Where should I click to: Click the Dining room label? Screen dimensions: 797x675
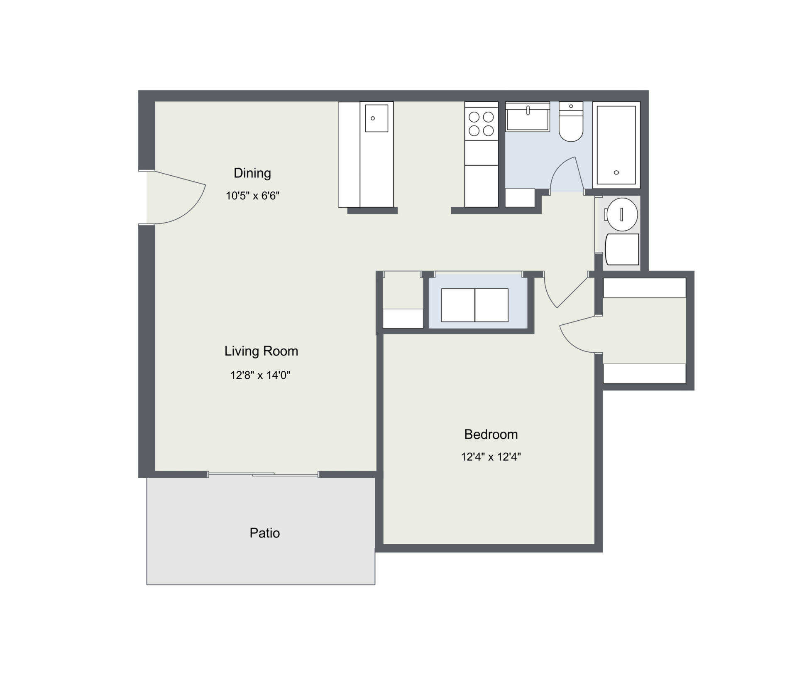252,173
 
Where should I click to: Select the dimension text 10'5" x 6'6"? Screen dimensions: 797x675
252,196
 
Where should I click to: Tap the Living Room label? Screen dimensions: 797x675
261,351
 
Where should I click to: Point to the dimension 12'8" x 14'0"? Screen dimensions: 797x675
260,376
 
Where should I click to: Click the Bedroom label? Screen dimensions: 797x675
491,434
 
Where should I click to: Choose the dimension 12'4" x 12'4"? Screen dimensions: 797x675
491,457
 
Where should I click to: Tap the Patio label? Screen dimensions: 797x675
265,533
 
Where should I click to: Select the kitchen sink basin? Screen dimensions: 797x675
376,118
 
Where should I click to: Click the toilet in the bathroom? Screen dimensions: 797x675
571,121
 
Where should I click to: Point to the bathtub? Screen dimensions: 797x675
616,145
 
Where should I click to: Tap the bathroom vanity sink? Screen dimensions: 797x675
528,117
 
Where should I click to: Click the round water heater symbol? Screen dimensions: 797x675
621,214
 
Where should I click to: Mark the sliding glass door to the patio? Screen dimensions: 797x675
263,474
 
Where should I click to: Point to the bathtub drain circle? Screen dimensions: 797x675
616,172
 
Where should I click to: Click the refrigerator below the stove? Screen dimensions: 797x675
482,186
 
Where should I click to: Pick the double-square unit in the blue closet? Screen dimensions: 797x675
475,305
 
